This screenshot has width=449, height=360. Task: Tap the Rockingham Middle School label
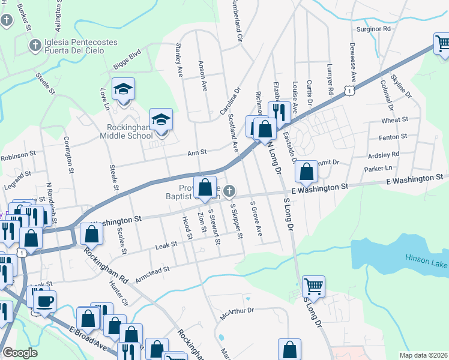click(x=130, y=131)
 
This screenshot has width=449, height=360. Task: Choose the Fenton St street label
click(x=393, y=137)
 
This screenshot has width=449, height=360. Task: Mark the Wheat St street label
click(x=395, y=120)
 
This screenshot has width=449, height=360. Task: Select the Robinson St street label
click(x=18, y=157)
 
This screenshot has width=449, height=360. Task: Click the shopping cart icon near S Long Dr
click(x=314, y=286)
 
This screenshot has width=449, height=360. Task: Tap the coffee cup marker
click(x=44, y=300)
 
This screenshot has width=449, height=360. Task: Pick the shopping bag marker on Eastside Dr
click(x=306, y=172)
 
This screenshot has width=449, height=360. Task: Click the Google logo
click(x=20, y=353)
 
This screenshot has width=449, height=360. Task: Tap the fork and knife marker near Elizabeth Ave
click(x=279, y=112)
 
